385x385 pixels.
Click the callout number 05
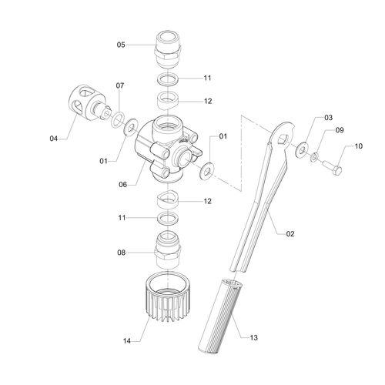pyautogui.click(x=121, y=45)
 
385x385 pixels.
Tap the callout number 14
pyautogui.click(x=127, y=341)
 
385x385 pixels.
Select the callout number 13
pyautogui.click(x=253, y=337)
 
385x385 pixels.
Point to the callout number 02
pyautogui.click(x=290, y=234)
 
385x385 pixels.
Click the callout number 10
pyautogui.click(x=359, y=146)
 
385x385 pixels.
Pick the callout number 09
pyautogui.click(x=340, y=130)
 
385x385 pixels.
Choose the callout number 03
pyautogui.click(x=329, y=118)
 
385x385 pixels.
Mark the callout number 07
pyautogui.click(x=120, y=85)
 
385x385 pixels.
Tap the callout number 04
pyautogui.click(x=54, y=139)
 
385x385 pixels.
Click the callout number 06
pyautogui.click(x=123, y=185)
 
